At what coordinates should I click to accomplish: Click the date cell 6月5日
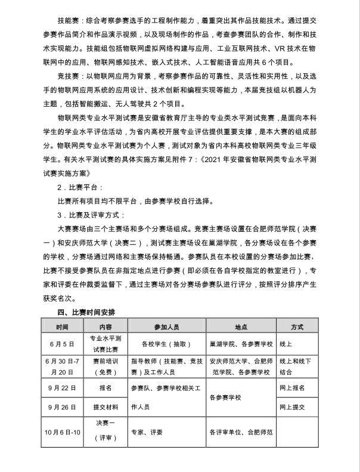click(x=63, y=344)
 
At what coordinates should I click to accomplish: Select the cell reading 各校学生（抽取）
click(x=167, y=344)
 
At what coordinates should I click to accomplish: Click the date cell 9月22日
click(x=63, y=387)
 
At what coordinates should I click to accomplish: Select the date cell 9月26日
click(x=63, y=408)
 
